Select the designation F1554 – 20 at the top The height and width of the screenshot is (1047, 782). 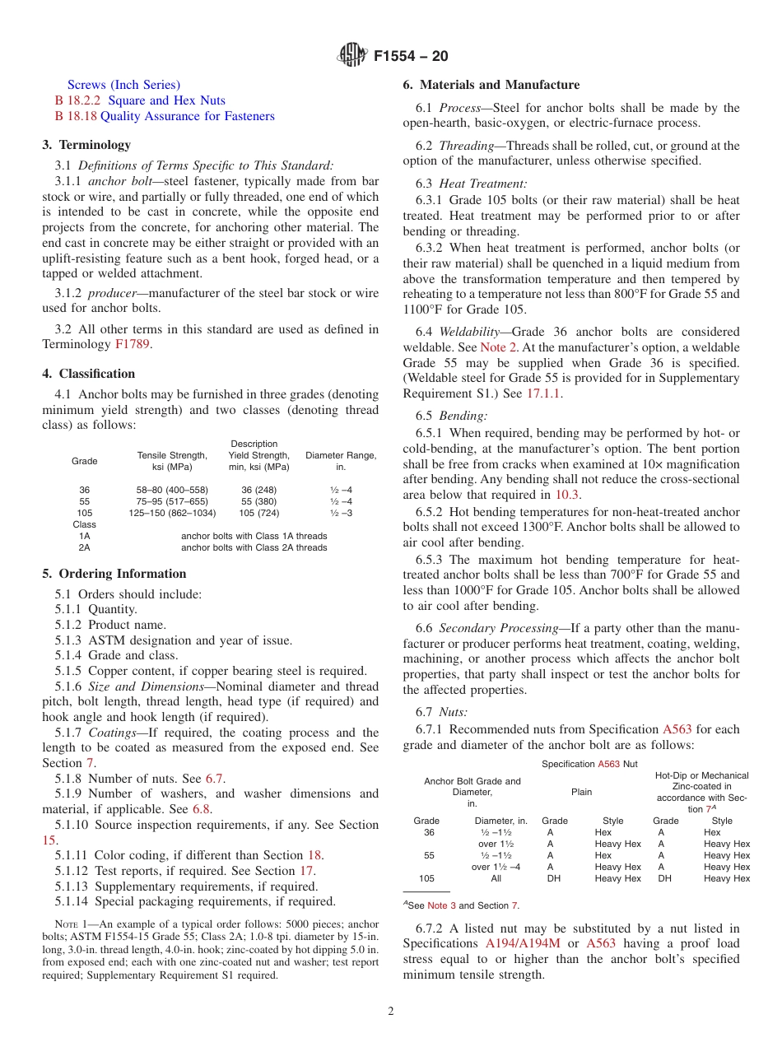tap(411, 57)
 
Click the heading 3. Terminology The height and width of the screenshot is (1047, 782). tap(86, 145)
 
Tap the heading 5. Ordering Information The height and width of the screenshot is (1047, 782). tap(114, 574)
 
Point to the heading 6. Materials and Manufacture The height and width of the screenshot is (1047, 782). tap(491, 85)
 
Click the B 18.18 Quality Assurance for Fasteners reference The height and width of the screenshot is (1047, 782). tap(165, 116)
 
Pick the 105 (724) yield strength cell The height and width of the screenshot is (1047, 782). tap(258, 513)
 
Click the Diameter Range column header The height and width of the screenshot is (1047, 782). tap(341, 461)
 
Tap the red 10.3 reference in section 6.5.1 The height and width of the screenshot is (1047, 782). tap(567, 495)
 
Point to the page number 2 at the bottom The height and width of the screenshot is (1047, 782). tap(391, 1012)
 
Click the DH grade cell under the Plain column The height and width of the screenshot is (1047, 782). tap(554, 878)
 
